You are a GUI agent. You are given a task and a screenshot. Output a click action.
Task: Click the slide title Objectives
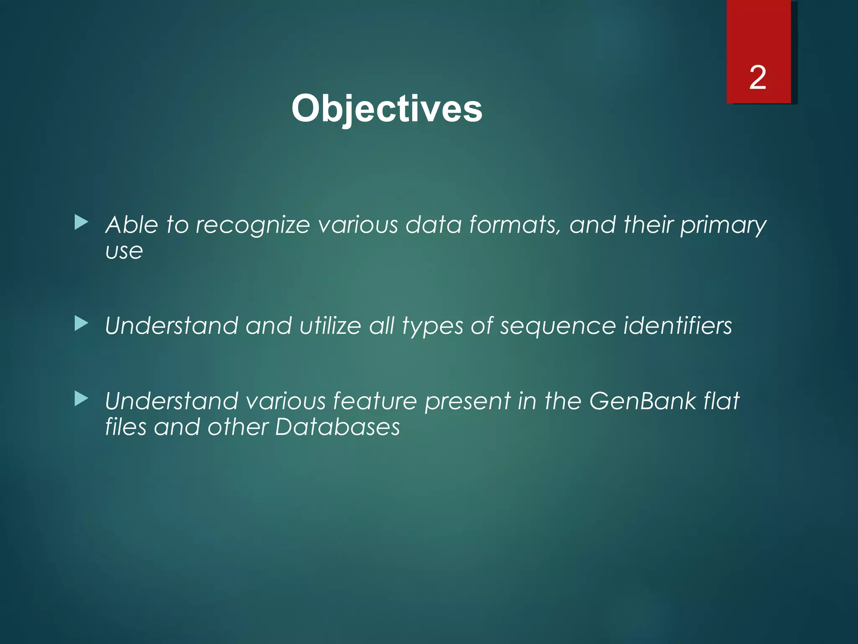tap(386, 109)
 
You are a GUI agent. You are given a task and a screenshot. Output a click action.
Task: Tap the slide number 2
tap(757, 78)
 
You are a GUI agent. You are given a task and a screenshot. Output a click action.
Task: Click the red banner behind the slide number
tap(758, 34)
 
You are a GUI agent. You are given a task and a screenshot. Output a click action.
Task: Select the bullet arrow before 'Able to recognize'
tap(81, 222)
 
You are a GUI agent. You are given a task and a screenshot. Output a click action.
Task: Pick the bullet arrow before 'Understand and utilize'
tap(81, 323)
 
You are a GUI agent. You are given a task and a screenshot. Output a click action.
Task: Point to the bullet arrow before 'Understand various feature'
tap(81, 399)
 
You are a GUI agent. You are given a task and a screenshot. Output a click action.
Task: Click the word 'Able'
tap(132, 225)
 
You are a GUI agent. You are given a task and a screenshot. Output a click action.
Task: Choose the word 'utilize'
tap(330, 326)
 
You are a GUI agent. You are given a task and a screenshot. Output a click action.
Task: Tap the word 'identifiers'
tap(677, 326)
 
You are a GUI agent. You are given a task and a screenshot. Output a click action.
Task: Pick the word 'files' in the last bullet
tap(125, 427)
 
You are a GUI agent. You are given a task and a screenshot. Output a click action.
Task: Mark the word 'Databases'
tap(338, 427)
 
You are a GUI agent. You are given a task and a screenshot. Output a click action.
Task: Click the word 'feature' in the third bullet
tap(375, 401)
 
